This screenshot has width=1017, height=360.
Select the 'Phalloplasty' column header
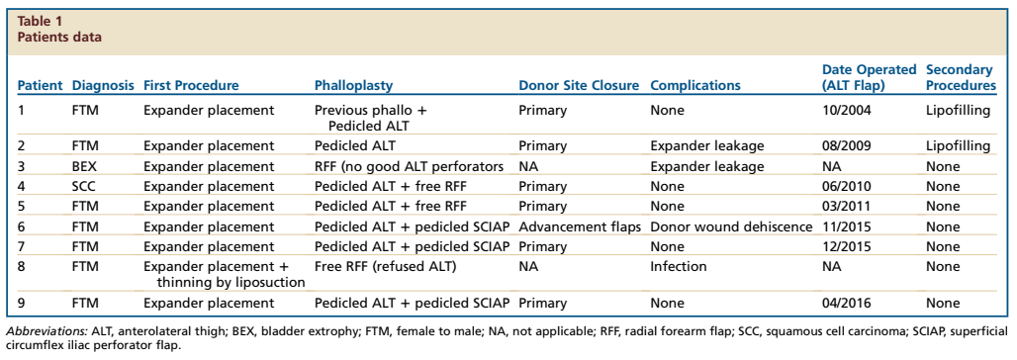click(353, 86)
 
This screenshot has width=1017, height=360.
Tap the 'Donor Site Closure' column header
click(579, 86)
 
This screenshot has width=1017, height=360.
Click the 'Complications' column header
click(695, 86)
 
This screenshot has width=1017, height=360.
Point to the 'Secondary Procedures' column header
click(960, 77)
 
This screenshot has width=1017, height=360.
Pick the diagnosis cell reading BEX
click(83, 167)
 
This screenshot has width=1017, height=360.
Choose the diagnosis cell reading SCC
click(83, 186)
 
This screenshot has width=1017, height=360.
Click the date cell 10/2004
click(847, 110)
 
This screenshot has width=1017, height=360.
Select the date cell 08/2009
click(847, 146)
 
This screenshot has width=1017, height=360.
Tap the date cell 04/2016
click(847, 303)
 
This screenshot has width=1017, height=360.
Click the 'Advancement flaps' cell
click(579, 226)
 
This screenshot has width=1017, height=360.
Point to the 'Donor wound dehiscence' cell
click(731, 226)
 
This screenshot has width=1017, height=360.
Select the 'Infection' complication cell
click(679, 267)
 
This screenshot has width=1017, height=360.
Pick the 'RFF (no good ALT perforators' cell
click(410, 167)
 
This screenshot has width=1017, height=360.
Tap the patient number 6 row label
click(21, 226)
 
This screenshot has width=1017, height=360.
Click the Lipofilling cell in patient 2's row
click(958, 146)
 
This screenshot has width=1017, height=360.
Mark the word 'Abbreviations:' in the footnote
click(46, 331)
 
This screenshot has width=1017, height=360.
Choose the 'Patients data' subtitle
click(59, 37)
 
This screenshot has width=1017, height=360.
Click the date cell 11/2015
click(847, 226)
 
